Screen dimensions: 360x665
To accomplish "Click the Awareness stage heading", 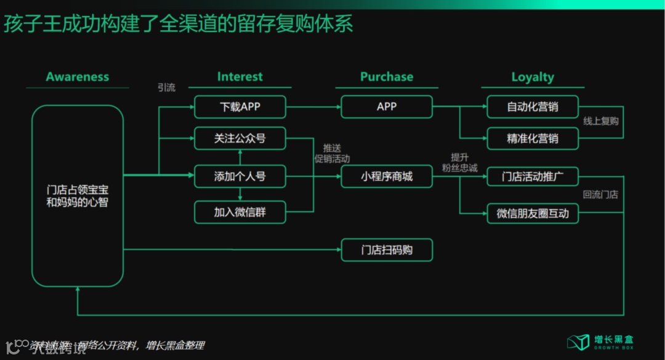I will tap(77, 77).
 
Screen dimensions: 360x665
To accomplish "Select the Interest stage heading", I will tap(240, 77).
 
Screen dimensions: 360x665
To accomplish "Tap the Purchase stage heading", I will tap(387, 77).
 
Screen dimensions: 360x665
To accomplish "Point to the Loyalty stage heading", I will tap(533, 77).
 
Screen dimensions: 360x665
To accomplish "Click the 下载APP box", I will tap(240, 107).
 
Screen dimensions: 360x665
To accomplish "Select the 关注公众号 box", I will tap(240, 139).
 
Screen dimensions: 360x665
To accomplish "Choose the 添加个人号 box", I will tap(240, 177).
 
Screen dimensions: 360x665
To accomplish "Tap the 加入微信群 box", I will tap(240, 213).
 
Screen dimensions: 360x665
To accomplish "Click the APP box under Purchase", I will tap(387, 107).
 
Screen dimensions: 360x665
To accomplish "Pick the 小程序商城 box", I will tap(387, 177).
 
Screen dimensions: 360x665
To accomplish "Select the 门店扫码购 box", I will tap(387, 250).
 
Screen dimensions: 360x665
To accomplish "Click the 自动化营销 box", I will tap(533, 107).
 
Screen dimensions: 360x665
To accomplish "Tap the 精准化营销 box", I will tap(533, 139).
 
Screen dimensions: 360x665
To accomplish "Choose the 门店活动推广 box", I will tap(533, 177).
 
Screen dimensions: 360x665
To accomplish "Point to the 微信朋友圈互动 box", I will tap(533, 214).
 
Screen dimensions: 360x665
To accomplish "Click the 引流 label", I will tap(166, 88).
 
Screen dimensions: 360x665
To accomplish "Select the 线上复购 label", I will tap(600, 121).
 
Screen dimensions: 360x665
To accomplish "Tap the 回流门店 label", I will tap(600, 195).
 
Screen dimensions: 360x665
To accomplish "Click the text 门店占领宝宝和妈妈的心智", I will tap(77, 195).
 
